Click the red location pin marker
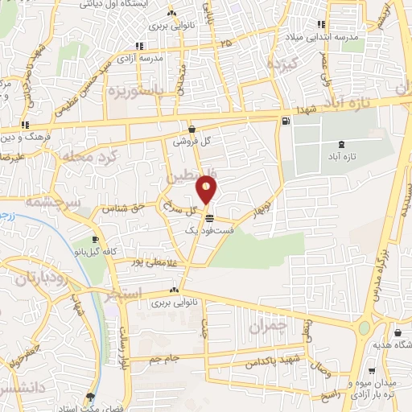point(207,190)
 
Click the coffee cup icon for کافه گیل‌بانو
point(96,240)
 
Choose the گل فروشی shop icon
point(192,128)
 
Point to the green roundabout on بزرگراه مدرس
point(365,329)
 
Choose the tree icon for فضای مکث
point(90,397)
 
